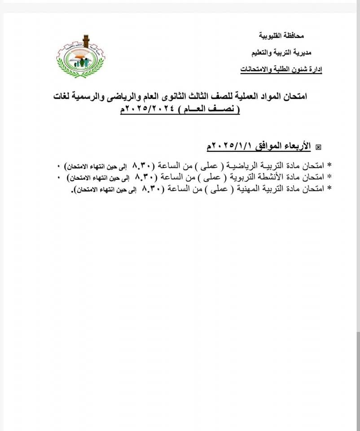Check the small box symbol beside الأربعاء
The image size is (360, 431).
coord(319,147)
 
